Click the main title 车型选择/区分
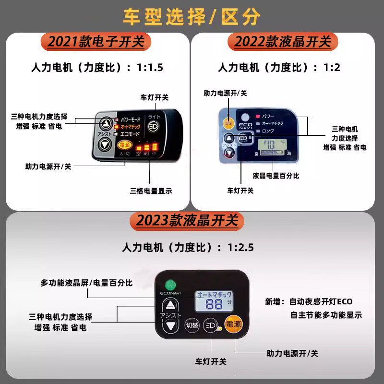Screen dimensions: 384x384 pos(192,16)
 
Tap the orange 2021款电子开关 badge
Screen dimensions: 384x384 pos(96,42)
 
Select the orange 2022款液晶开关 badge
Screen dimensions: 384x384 pos(283,42)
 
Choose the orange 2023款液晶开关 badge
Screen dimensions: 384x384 pos(187,221)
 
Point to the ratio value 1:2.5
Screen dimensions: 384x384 pos(240,248)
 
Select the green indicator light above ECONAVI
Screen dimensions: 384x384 pos(169,284)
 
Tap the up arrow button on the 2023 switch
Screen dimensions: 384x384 pos(170,305)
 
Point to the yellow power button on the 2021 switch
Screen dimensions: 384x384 pos(125,144)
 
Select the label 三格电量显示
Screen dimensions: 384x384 pos(151,191)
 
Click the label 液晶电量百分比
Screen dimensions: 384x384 pos(276,176)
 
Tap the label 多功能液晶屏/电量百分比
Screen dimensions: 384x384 pos(86,283)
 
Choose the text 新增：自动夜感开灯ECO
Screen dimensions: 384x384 pos(309,302)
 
